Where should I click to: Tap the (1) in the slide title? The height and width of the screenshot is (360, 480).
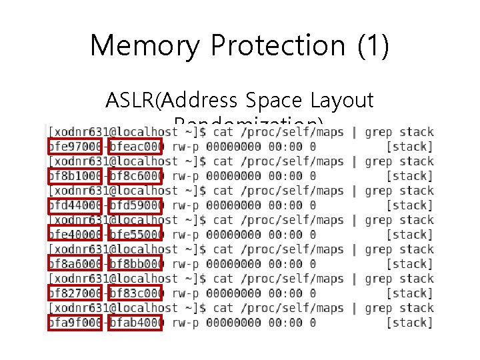(373, 46)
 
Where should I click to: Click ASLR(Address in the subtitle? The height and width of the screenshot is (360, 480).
(171, 101)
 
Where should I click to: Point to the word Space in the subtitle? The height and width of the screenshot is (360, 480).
(271, 101)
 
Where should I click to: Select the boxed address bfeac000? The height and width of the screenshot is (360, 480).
(135, 147)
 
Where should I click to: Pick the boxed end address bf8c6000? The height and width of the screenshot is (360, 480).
(135, 176)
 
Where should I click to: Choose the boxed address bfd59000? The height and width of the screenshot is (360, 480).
(135, 205)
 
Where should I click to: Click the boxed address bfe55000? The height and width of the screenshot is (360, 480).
(135, 235)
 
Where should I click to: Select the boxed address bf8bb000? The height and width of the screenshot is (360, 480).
(135, 264)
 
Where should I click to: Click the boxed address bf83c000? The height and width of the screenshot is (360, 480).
(135, 293)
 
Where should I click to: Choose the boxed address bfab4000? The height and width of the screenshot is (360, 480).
(135, 323)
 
